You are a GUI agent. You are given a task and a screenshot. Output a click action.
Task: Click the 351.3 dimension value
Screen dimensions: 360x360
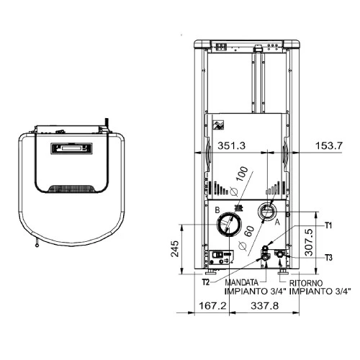point(231,145)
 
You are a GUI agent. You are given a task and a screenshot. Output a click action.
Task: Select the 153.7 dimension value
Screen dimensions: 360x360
point(329,145)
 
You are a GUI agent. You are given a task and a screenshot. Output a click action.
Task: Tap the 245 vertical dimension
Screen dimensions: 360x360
point(175,248)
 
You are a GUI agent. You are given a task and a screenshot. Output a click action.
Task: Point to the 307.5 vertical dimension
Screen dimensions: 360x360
point(309,242)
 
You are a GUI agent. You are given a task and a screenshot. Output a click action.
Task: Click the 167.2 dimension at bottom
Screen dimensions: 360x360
point(212,306)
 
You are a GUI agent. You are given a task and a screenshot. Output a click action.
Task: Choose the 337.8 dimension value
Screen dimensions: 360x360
point(265,306)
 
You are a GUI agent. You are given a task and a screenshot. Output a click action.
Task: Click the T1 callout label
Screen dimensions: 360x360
point(328,225)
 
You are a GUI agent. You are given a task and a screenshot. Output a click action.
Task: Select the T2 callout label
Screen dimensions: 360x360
point(206,282)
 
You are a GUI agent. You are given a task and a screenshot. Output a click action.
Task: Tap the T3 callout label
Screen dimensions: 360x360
point(328,258)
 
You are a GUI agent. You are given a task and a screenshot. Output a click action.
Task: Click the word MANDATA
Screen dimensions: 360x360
point(241,283)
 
